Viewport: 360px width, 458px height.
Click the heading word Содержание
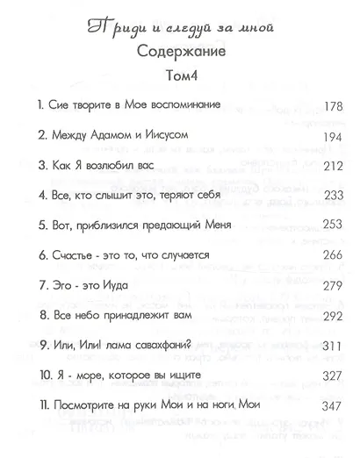tap(177, 50)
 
